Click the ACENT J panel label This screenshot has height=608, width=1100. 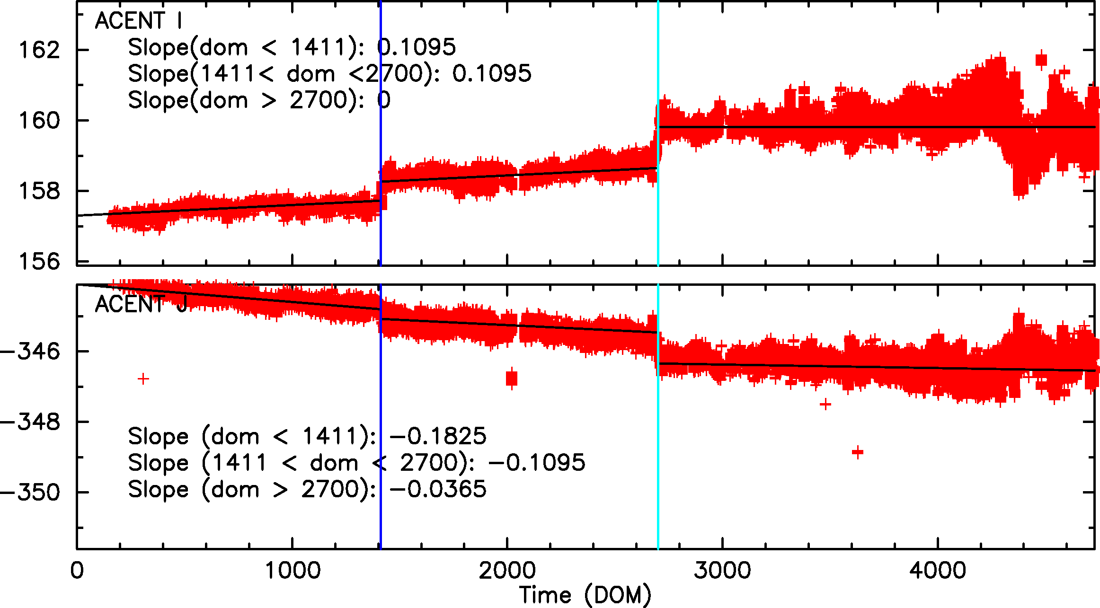(x=141, y=304)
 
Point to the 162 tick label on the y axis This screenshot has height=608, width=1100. (x=39, y=50)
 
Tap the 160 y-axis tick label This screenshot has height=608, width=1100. (x=39, y=121)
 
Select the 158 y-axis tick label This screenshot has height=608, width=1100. (x=39, y=191)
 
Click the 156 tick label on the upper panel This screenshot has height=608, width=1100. (x=39, y=261)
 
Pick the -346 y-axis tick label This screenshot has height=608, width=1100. (x=31, y=351)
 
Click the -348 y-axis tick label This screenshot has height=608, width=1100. (x=31, y=422)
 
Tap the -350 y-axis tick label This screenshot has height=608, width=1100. (x=31, y=492)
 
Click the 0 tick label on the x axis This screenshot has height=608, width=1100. (x=77, y=570)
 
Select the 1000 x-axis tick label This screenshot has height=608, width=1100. (x=293, y=570)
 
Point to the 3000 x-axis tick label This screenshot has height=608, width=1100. (x=722, y=570)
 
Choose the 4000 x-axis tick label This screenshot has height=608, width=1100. (x=938, y=570)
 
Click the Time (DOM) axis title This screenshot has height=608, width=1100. (x=585, y=595)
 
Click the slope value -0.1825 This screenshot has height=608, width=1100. (x=438, y=436)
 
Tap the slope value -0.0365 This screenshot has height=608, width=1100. (x=438, y=489)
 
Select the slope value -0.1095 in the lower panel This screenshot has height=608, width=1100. (x=537, y=462)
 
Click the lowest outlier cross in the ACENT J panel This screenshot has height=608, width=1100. (x=858, y=452)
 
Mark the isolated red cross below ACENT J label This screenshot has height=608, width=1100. (x=143, y=379)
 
